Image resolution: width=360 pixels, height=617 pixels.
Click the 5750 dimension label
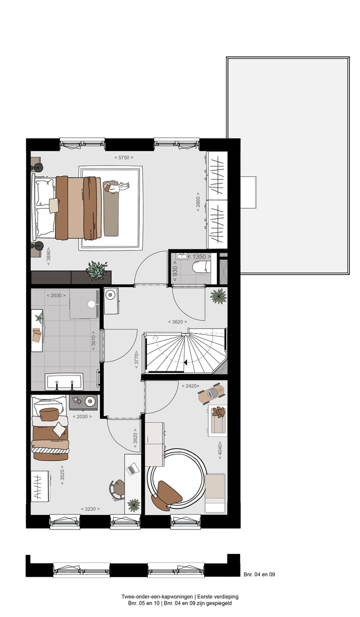point(123,157)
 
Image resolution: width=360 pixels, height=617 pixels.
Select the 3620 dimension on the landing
point(177,322)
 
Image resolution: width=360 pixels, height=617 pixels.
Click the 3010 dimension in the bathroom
point(93,341)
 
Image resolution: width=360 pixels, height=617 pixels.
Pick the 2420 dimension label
point(190,386)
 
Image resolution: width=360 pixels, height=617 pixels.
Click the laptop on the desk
point(133,469)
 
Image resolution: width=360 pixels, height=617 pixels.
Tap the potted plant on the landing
point(218,296)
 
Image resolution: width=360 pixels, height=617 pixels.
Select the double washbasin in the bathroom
point(64,381)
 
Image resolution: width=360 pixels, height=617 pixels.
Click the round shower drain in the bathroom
point(91,304)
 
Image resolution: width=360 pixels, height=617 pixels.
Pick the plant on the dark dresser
point(96,270)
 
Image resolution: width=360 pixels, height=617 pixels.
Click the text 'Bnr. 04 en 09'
point(259,574)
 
